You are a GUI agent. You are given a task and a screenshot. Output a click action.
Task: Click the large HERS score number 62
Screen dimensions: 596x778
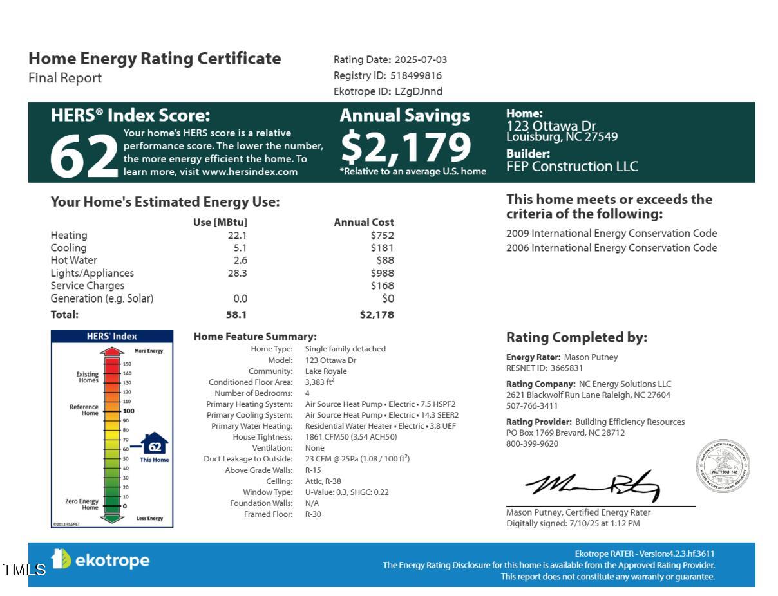pyautogui.click(x=84, y=156)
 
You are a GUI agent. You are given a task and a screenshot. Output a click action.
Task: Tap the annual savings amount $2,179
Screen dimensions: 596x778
pyautogui.click(x=406, y=147)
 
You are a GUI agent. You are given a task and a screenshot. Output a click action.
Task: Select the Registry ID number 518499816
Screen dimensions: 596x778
pyautogui.click(x=415, y=75)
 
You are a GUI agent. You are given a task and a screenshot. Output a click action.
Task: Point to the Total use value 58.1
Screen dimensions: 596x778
pyautogui.click(x=236, y=315)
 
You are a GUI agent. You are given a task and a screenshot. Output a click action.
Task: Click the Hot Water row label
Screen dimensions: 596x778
pyautogui.click(x=74, y=261)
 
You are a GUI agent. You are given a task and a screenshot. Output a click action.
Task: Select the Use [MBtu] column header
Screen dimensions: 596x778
pyautogui.click(x=220, y=223)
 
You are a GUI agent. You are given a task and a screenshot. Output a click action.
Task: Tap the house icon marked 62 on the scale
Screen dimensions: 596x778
pyautogui.click(x=155, y=445)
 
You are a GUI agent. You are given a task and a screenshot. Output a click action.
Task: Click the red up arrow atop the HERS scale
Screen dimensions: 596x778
pyautogui.click(x=112, y=351)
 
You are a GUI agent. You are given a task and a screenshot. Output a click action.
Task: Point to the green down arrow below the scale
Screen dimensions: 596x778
pyautogui.click(x=112, y=517)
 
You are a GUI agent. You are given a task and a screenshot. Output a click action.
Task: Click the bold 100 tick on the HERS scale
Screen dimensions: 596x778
pyautogui.click(x=128, y=411)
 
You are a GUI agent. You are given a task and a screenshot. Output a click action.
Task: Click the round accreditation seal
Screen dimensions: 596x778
pyautogui.click(x=723, y=467)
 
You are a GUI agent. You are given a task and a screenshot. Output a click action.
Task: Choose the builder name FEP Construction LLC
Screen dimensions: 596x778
pyautogui.click(x=572, y=167)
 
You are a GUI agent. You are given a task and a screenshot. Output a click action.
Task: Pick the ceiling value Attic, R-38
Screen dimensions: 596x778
pyautogui.click(x=323, y=481)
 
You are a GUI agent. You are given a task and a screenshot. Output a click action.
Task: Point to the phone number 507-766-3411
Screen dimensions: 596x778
pyautogui.click(x=532, y=406)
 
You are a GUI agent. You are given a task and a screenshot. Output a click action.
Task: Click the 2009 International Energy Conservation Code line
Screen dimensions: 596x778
pyautogui.click(x=611, y=234)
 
